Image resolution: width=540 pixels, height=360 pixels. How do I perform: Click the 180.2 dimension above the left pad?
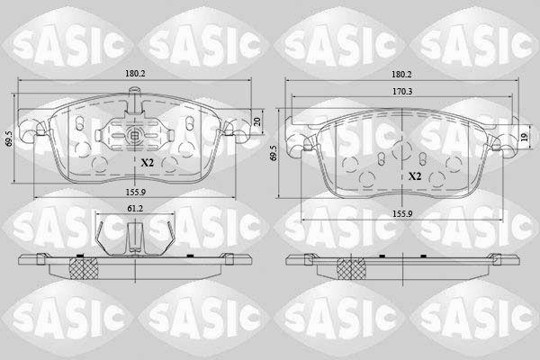(135, 74)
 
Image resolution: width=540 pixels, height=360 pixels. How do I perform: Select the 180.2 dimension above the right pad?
(402, 75)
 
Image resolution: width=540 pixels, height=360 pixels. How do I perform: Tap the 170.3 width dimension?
(402, 92)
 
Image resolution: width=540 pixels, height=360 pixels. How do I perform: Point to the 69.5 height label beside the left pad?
(10, 138)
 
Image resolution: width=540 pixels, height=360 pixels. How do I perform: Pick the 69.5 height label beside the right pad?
(274, 153)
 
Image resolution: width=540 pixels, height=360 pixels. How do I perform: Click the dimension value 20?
(257, 121)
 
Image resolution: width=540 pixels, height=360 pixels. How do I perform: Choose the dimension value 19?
(524, 137)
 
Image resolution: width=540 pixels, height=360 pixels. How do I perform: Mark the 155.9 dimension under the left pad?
(135, 192)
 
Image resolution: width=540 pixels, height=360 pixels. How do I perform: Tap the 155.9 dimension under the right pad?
(402, 213)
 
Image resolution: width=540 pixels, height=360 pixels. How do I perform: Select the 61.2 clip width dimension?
(135, 208)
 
